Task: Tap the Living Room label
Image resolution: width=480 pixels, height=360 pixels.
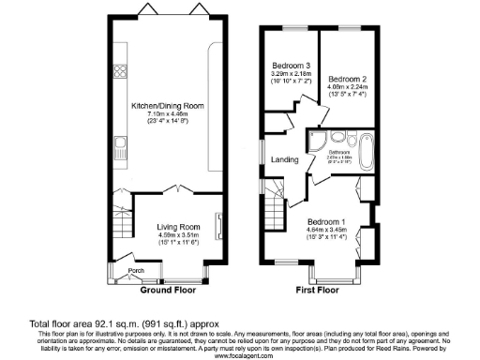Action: (x=178, y=227)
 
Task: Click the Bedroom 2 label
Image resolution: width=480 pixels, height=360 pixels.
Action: (x=346, y=79)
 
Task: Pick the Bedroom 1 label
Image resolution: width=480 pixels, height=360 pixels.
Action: (x=326, y=221)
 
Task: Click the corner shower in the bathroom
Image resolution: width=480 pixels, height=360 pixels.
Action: (x=316, y=142)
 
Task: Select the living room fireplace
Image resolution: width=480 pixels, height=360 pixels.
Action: (x=218, y=228)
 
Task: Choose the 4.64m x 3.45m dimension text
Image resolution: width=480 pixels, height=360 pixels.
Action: (x=326, y=230)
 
